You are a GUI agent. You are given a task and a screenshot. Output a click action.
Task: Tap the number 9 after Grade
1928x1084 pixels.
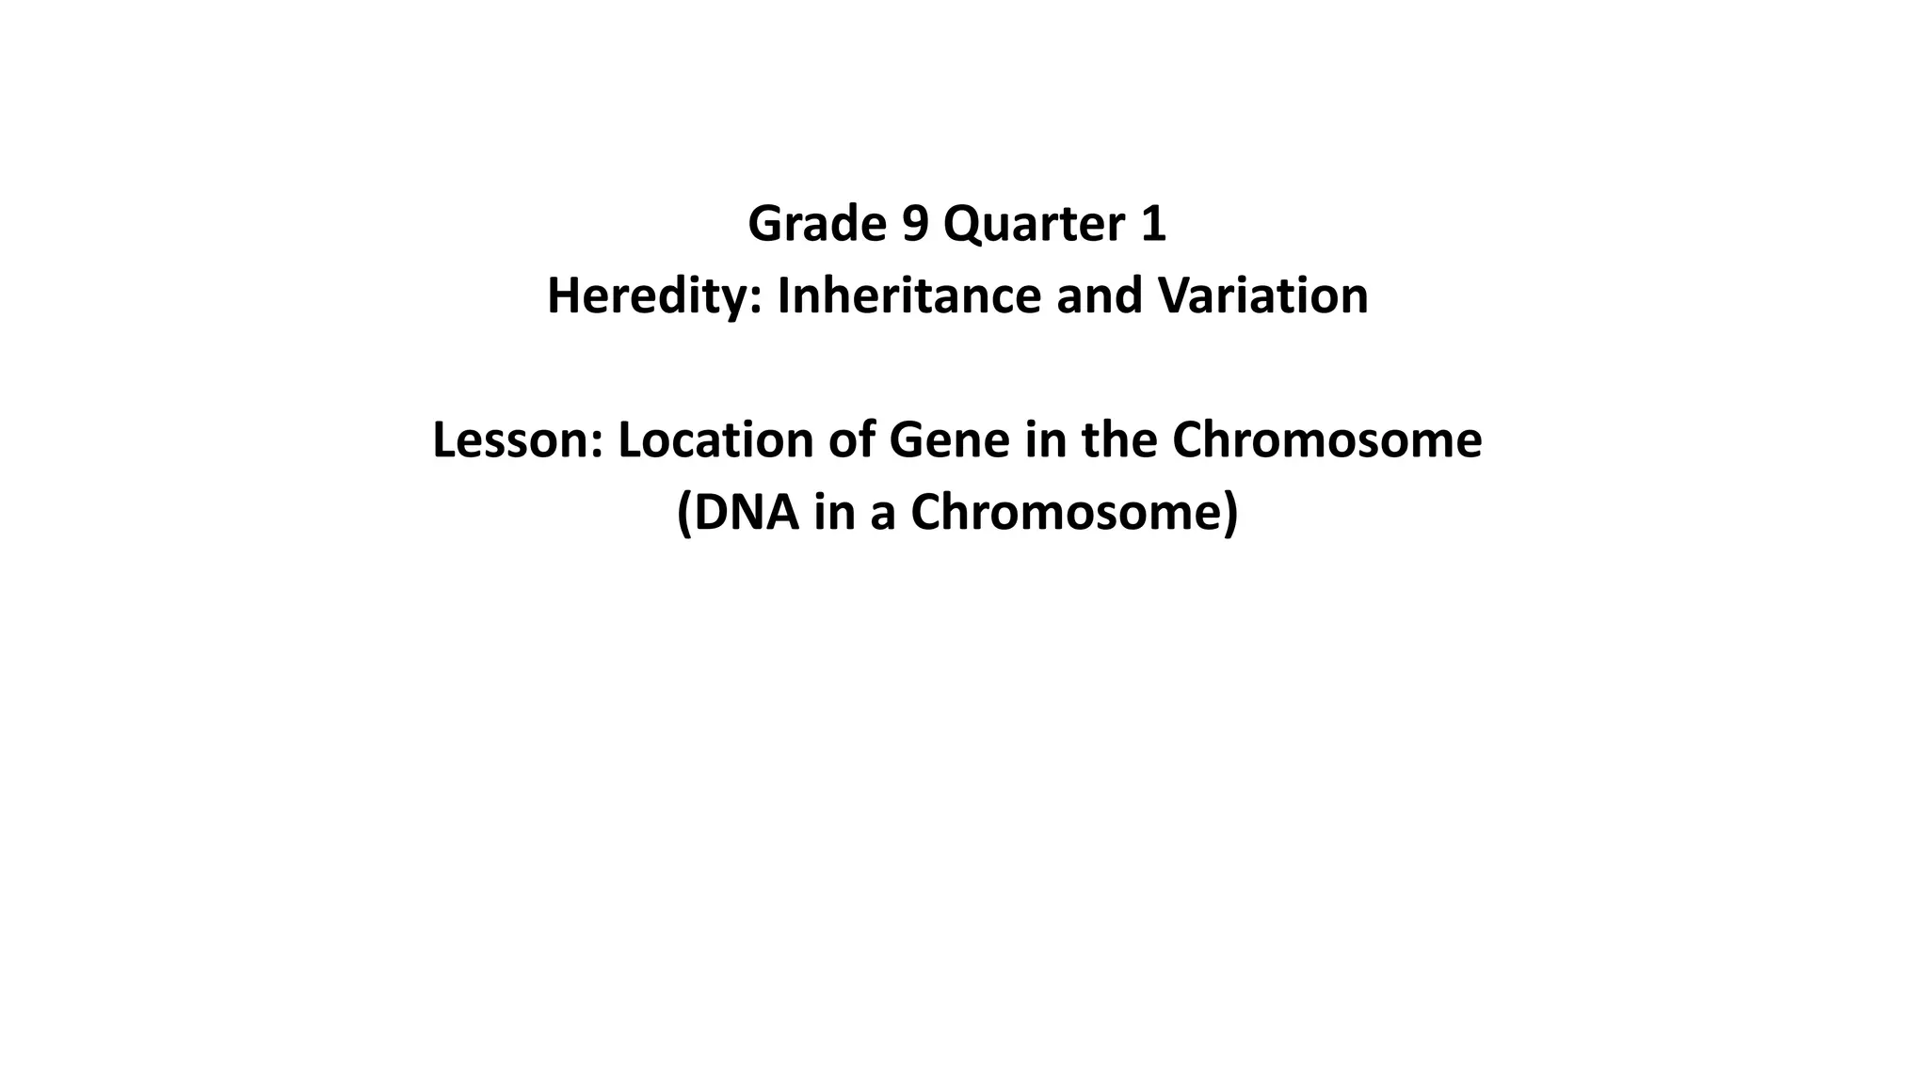(915, 224)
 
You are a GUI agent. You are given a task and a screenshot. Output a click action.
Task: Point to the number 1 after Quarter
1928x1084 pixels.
(1153, 224)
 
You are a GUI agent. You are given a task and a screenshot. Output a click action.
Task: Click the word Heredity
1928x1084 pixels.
(651, 295)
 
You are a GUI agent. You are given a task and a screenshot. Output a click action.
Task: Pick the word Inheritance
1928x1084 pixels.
(909, 295)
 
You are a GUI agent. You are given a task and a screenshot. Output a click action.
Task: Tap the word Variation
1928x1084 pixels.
(1262, 295)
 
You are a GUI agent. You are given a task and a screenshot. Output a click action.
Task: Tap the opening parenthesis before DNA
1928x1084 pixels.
(684, 513)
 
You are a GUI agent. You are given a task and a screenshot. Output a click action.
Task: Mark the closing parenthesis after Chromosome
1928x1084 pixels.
(1230, 513)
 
